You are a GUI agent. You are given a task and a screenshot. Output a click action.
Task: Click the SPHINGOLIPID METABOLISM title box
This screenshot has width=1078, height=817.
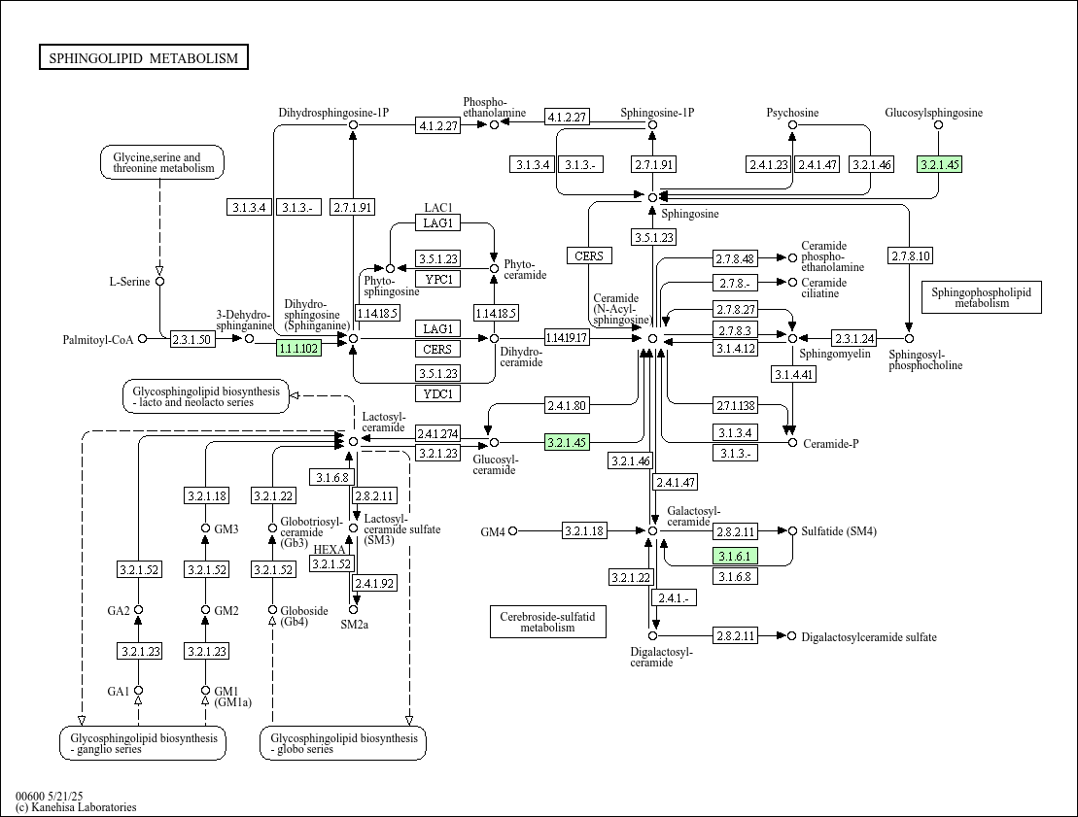click(144, 57)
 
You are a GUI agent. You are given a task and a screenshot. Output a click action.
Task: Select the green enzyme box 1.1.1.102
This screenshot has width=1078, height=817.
click(298, 349)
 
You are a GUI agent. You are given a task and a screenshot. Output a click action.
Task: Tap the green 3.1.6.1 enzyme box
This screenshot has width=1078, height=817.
click(735, 556)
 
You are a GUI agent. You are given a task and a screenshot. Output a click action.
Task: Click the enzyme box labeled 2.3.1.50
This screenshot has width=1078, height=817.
click(191, 339)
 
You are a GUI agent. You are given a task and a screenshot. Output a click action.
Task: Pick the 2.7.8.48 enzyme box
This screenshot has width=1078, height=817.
click(735, 258)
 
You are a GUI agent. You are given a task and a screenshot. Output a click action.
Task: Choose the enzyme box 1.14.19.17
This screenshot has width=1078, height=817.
click(567, 337)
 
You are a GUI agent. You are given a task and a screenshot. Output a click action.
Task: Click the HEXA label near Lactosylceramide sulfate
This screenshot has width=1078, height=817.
click(330, 550)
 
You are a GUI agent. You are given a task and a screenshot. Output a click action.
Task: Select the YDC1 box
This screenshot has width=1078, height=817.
click(438, 393)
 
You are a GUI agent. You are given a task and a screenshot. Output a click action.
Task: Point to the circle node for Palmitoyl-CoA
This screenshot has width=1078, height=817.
click(142, 339)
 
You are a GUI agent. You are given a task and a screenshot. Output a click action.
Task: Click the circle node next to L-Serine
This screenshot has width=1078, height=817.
click(160, 281)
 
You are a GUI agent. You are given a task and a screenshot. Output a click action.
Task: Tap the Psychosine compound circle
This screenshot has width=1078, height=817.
click(792, 125)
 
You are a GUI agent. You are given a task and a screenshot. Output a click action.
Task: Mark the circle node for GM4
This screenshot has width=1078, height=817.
click(513, 530)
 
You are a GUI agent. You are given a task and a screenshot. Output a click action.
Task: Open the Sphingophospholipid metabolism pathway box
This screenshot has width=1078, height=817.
click(981, 297)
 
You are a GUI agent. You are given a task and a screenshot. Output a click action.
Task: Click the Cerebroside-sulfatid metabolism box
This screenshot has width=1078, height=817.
click(548, 622)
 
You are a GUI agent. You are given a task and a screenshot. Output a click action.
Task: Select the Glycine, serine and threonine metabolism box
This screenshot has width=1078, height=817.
click(163, 162)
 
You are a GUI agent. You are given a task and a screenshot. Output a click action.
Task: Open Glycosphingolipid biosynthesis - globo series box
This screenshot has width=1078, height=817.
click(343, 743)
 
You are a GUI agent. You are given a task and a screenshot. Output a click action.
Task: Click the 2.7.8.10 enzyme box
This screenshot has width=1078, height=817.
click(911, 256)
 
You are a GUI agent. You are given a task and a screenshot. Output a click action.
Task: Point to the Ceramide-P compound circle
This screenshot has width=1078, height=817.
click(792, 443)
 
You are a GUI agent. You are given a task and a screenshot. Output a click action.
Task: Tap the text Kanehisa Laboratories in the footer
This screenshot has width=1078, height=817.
click(83, 807)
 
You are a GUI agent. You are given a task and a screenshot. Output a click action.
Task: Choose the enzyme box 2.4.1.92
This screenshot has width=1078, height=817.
click(374, 584)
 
